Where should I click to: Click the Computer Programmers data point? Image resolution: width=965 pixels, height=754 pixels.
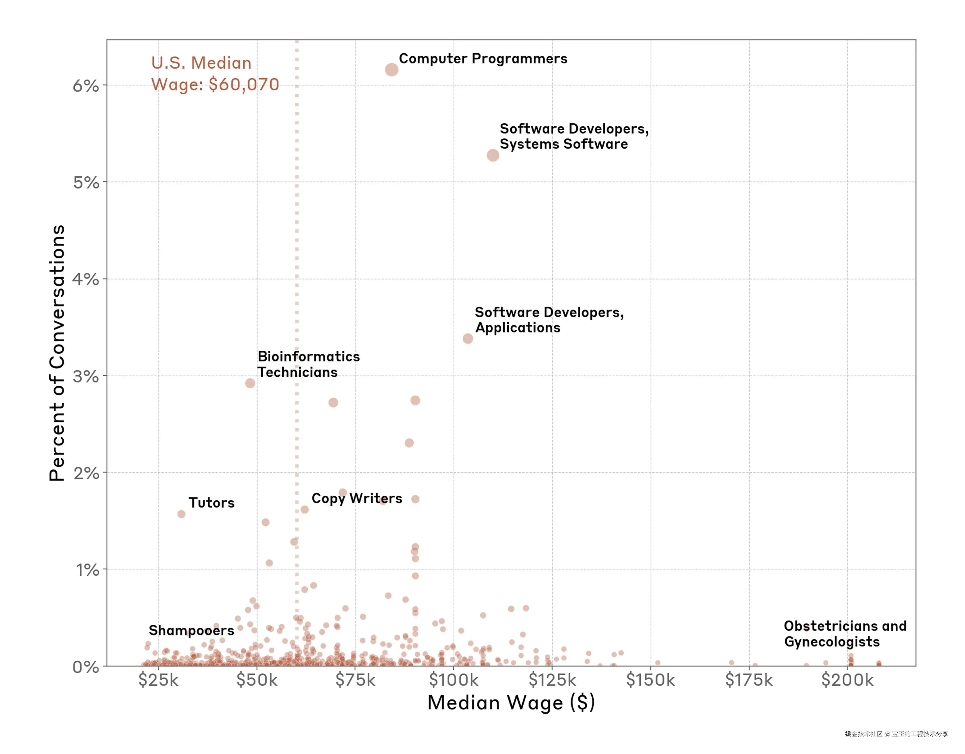click(x=392, y=69)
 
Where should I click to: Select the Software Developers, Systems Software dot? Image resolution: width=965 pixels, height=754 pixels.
click(x=493, y=155)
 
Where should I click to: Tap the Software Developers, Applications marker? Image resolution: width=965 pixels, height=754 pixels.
click(x=467, y=338)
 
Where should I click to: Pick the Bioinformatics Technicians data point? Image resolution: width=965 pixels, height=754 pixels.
click(x=250, y=383)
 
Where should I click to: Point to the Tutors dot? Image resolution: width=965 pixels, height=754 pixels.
click(x=181, y=514)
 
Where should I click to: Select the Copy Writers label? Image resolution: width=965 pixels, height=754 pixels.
click(x=357, y=498)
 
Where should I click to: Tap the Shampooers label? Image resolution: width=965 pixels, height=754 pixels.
click(x=191, y=630)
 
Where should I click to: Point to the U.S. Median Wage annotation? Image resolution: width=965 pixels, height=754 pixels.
click(x=215, y=73)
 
